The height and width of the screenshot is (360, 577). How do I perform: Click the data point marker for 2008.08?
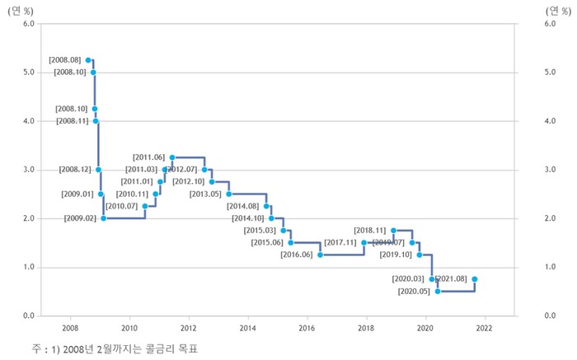(89, 60)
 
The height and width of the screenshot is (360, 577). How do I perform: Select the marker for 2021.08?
(475, 279)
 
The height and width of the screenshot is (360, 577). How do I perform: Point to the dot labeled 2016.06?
(320, 255)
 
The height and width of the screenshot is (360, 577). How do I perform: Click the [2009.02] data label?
(81, 218)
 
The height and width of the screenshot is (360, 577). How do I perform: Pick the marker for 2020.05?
(438, 291)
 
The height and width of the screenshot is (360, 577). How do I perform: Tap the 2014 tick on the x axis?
(248, 326)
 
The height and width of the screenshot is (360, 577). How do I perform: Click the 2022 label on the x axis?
(485, 326)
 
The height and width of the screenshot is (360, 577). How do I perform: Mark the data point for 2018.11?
(394, 230)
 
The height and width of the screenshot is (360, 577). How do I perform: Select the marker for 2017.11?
(364, 242)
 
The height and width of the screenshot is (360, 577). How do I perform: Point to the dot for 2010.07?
(145, 206)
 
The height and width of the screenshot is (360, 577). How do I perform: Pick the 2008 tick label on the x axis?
(70, 326)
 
